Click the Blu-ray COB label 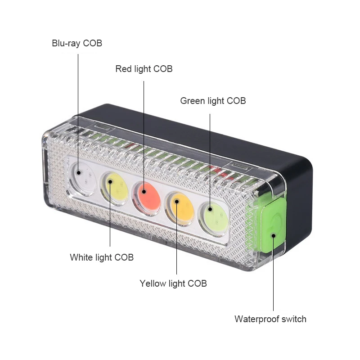coord(77,44)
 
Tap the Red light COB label coord(144,69)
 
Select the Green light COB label coord(213,101)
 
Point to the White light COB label coord(102,257)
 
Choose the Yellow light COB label coord(173,283)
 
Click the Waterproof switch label coord(270,319)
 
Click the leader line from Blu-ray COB coord(78,112)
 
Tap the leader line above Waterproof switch coord(273,274)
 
